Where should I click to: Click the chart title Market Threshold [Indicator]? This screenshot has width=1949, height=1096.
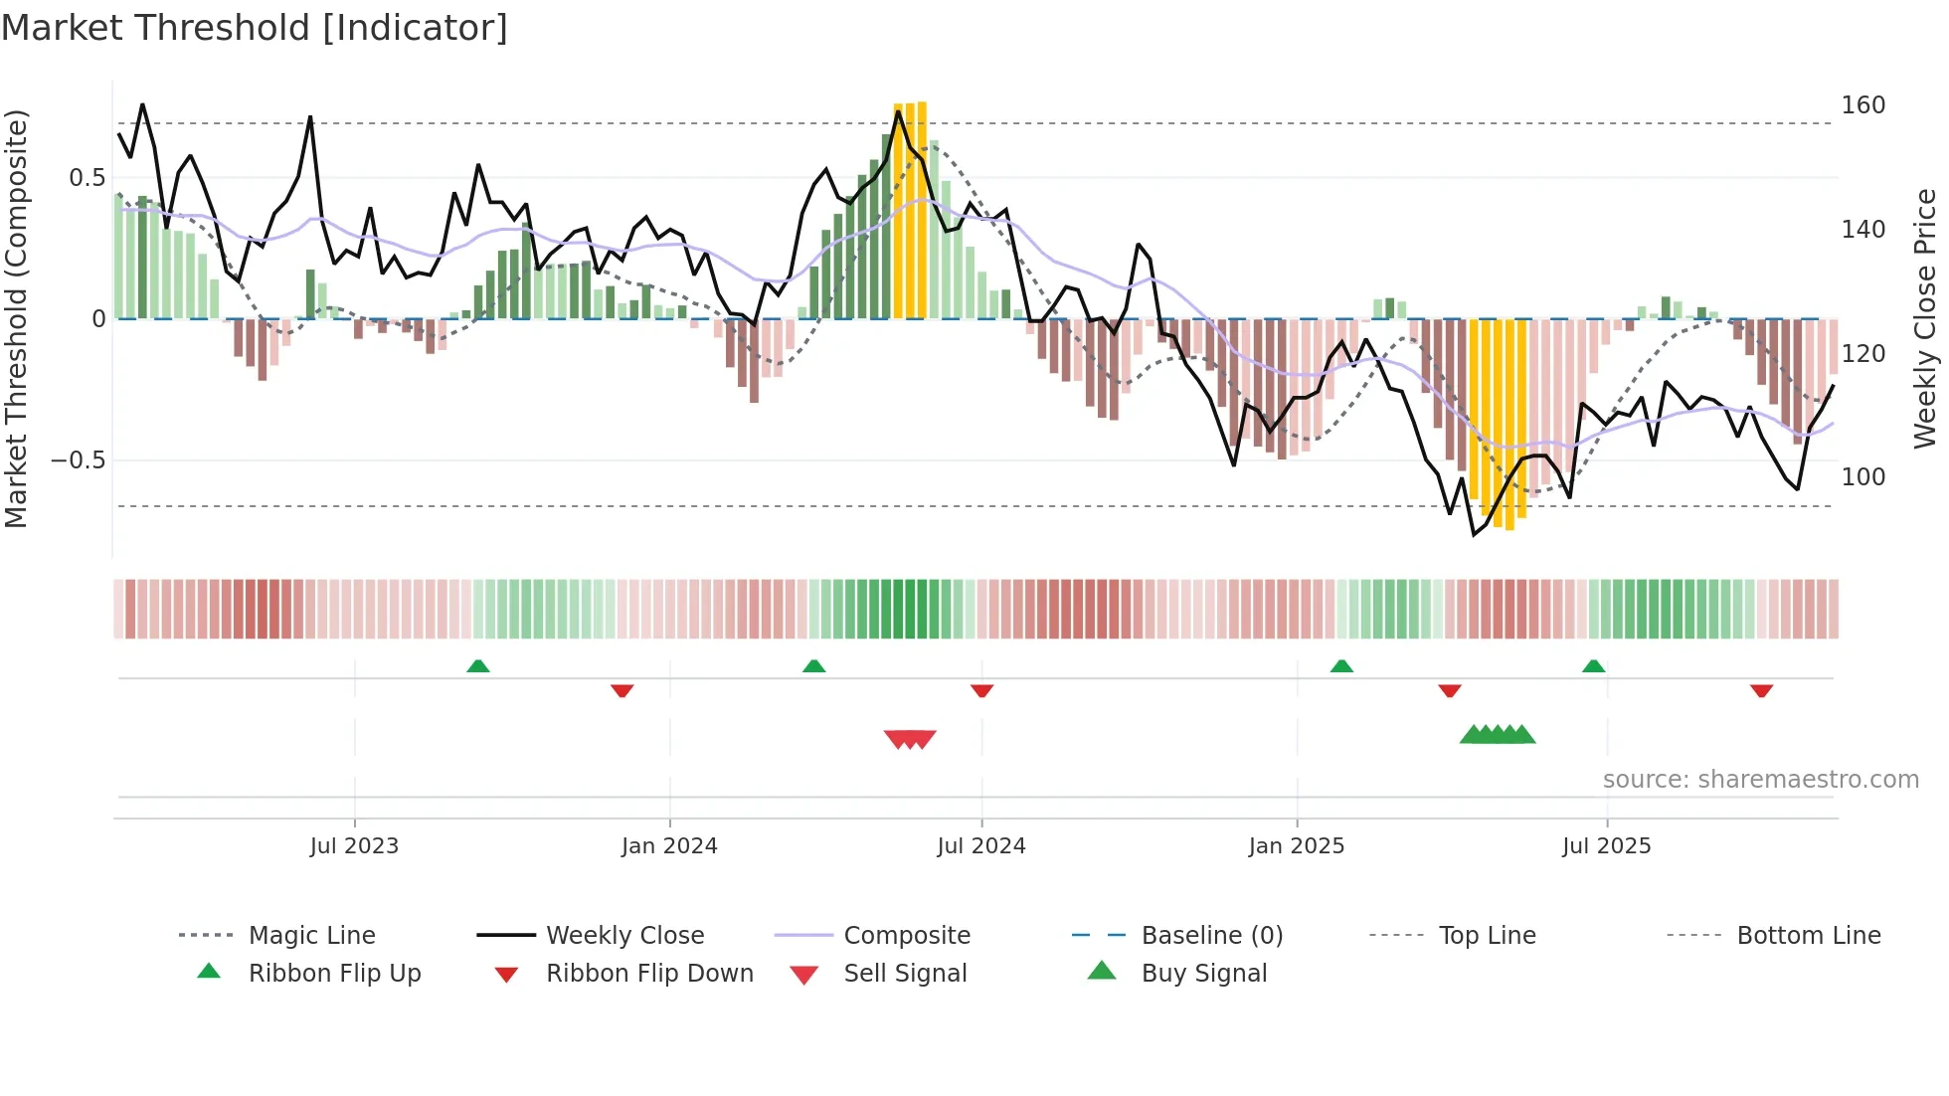pos(255,28)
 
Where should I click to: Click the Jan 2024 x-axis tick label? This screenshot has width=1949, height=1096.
pos(669,846)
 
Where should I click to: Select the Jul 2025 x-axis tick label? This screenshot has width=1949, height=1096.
pos(1606,846)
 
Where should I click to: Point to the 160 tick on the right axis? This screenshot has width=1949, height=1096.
pos(1862,105)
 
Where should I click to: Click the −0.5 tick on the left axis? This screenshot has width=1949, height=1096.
pos(78,460)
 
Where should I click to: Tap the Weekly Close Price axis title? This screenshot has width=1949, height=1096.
pos(1925,318)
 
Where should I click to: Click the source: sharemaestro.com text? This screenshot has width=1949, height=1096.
pos(1760,780)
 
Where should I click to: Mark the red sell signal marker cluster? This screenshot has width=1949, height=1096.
pos(910,739)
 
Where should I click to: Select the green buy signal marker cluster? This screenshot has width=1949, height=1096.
pos(1498,735)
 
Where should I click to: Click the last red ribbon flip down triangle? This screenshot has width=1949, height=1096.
pos(1761,690)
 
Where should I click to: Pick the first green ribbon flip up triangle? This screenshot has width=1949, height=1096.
pos(478,666)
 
